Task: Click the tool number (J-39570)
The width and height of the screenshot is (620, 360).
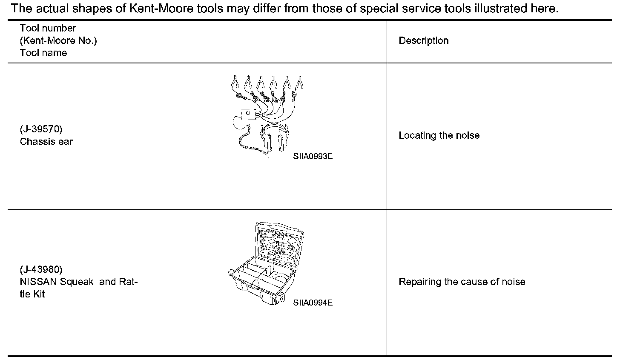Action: (x=41, y=129)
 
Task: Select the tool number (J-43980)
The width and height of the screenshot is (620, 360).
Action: (x=41, y=269)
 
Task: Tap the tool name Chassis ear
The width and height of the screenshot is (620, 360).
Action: (x=46, y=142)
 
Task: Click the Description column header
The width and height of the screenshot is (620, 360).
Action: (x=423, y=41)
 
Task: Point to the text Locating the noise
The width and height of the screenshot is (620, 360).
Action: (x=439, y=136)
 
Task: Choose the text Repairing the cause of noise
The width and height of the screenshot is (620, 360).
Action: (x=462, y=282)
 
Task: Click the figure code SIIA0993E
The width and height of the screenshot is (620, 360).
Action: (x=313, y=156)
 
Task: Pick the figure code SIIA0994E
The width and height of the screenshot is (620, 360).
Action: (x=313, y=303)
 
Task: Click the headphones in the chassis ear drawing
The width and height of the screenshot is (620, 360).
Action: (x=275, y=137)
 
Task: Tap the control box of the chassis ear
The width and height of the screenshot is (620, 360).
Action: (x=248, y=114)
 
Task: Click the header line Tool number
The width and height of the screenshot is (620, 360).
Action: (x=48, y=29)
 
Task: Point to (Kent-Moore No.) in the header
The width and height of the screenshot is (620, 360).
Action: (x=58, y=41)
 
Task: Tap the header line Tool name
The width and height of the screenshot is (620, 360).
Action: (x=43, y=53)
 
